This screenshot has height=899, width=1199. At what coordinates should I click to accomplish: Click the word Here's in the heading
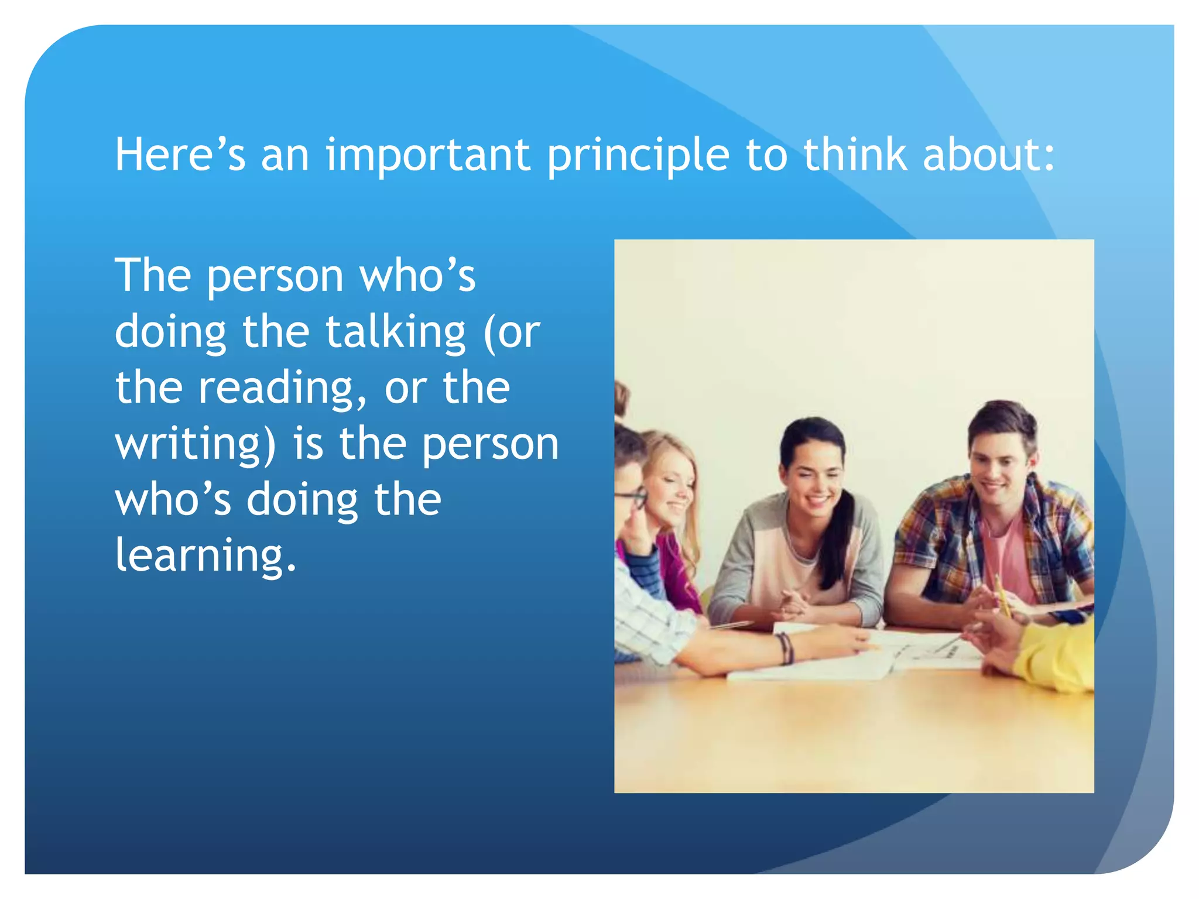click(x=180, y=155)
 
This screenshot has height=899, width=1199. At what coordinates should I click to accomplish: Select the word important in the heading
click(x=428, y=156)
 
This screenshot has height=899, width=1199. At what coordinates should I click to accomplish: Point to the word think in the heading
click(x=855, y=155)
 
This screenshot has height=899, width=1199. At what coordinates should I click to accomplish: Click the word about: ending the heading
click(x=989, y=155)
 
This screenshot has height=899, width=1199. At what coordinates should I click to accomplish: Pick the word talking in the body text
click(x=395, y=332)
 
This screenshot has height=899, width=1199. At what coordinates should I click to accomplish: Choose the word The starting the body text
click(x=153, y=275)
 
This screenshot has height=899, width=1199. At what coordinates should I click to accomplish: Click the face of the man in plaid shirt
click(x=1000, y=468)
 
